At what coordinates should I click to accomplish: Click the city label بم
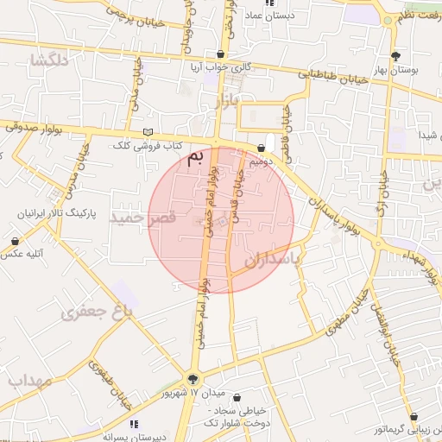point(199,159)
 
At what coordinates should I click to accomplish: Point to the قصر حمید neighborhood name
point(143,219)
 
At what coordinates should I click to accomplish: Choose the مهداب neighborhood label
point(29,381)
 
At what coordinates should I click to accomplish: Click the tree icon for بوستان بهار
point(395,57)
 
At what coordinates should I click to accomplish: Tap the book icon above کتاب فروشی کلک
point(148,132)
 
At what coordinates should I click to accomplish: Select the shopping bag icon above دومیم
point(261,148)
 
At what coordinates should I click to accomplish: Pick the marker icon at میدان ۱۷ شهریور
point(193,378)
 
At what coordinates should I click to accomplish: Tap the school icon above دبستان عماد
point(269,3)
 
